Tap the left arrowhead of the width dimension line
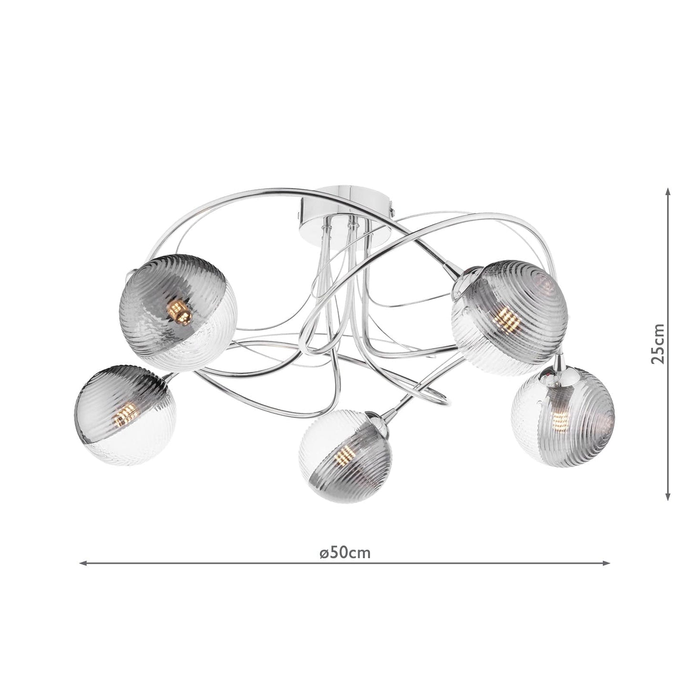[82, 563]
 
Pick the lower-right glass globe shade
[563, 416]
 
